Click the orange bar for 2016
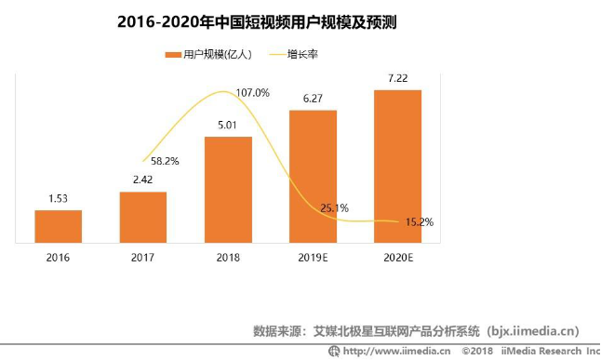point(59,226)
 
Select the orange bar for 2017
point(143,217)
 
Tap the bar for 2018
point(228,190)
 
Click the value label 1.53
point(59,199)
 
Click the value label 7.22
point(397,79)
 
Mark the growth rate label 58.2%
point(165,160)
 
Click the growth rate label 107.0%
point(253,92)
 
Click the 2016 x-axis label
point(59,256)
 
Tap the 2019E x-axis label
point(313,256)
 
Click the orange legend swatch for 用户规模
point(172,55)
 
